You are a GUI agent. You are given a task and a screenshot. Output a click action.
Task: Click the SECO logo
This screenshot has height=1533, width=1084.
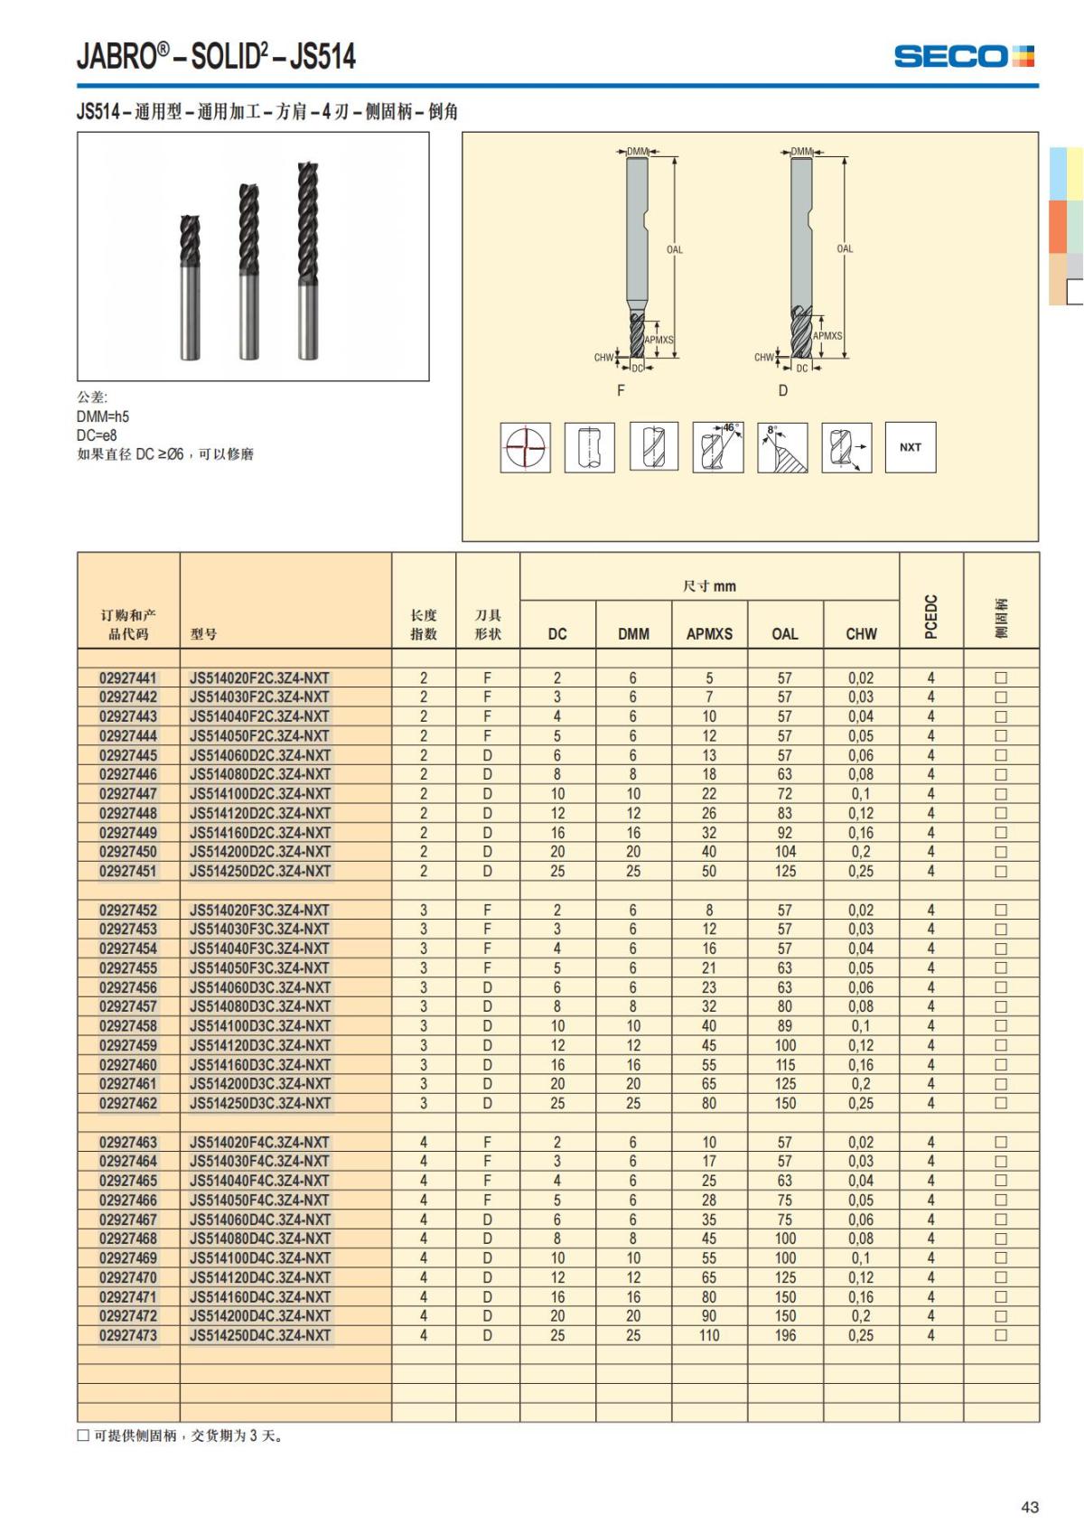(963, 56)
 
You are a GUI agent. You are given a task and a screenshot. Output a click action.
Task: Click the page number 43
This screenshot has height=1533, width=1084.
(1030, 1507)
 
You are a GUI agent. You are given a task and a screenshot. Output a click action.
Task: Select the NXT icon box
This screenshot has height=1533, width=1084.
(910, 447)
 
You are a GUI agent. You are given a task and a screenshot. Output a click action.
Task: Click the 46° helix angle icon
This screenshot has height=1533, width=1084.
(718, 447)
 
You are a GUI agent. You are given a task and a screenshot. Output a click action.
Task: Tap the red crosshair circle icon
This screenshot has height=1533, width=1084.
(526, 447)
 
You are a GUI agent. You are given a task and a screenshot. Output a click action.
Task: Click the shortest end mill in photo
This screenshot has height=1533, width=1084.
(190, 287)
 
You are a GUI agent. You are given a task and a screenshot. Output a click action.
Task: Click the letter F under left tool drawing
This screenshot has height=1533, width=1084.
(621, 390)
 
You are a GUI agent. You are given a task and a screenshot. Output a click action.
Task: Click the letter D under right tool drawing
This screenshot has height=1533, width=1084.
(783, 390)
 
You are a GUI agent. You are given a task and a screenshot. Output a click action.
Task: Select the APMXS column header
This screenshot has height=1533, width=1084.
(709, 634)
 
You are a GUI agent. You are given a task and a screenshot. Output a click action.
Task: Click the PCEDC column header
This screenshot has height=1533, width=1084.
(931, 617)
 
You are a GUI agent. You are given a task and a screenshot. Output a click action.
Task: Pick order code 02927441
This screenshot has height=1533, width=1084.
(128, 678)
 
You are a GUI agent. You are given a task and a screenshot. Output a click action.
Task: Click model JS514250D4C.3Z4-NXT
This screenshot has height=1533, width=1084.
(260, 1335)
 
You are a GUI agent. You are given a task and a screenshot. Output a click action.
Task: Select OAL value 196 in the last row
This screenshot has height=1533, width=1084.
(785, 1335)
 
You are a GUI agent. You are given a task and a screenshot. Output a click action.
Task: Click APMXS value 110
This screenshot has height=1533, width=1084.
(709, 1335)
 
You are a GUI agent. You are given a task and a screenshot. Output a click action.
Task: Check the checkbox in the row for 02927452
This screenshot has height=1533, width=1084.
(1001, 911)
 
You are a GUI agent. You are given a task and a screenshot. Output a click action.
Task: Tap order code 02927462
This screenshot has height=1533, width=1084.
(128, 1103)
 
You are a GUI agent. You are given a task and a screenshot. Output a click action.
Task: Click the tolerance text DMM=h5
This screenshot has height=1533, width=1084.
(103, 416)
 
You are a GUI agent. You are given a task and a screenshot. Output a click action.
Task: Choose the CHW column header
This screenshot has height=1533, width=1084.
(861, 634)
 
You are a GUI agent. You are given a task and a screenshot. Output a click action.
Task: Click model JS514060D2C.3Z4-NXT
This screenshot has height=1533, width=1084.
(260, 755)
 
